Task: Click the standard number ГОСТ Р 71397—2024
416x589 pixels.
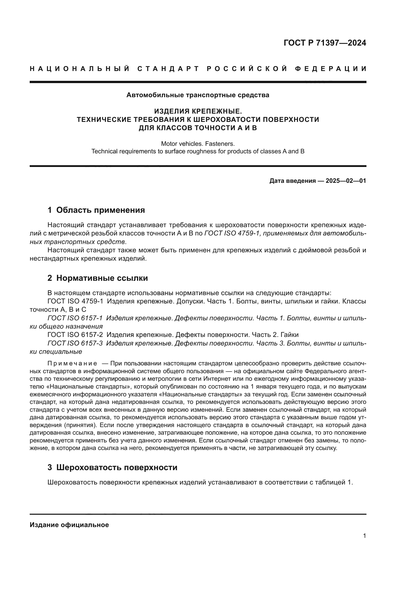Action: [x=325, y=43]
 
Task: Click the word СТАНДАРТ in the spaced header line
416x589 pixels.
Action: [x=168, y=69]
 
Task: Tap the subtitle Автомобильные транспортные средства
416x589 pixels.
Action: [x=198, y=95]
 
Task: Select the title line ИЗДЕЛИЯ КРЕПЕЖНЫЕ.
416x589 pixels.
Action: [x=198, y=111]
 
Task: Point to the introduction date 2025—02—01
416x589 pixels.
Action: [x=346, y=181]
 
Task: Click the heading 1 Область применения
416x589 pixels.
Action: [x=96, y=210]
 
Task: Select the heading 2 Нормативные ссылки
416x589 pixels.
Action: [x=98, y=278]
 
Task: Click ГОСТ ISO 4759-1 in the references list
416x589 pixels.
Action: [x=75, y=301]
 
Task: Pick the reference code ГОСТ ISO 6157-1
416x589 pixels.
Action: [x=75, y=318]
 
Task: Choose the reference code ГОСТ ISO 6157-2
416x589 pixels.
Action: [x=75, y=335]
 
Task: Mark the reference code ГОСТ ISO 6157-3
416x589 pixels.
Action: [x=75, y=343]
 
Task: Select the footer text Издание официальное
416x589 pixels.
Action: [x=69, y=525]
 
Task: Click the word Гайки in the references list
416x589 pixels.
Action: [x=289, y=335]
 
